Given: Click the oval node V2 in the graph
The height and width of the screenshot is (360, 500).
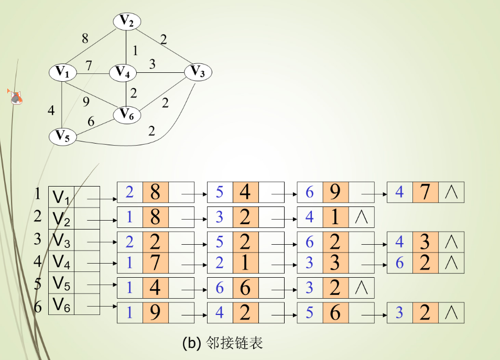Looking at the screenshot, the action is pos(127,21).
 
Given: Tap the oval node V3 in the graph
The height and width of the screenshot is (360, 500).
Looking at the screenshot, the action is pos(198,72).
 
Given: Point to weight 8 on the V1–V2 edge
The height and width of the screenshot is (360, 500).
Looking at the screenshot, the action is pos(85,38).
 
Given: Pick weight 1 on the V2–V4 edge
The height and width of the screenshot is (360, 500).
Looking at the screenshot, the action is pos(135,51).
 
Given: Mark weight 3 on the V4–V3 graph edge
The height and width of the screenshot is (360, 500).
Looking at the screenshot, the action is pos(153,64).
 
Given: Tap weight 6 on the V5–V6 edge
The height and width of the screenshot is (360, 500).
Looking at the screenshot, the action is pos(91,122).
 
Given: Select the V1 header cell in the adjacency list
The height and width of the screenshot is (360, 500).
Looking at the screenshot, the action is pos(61,197).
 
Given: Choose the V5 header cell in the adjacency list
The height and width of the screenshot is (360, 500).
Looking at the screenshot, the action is pos(61,283).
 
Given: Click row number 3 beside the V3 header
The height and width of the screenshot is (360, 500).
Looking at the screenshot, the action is pos(37,239).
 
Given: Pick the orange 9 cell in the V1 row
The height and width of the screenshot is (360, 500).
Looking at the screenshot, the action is pos(335,192).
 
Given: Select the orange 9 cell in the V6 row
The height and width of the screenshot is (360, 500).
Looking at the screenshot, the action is pos(155,313).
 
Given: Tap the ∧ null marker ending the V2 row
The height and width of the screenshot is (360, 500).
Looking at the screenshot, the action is pos(362,217).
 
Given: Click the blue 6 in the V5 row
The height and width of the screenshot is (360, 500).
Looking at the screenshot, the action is pos(220,288).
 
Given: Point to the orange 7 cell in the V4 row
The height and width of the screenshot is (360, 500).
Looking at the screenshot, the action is pos(155,263).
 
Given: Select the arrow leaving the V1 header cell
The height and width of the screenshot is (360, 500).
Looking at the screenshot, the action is pos(101,200).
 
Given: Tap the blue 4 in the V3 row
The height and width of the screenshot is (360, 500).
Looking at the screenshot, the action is pos(399,242).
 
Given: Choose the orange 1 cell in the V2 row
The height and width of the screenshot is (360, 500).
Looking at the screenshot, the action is pos(335,217).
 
